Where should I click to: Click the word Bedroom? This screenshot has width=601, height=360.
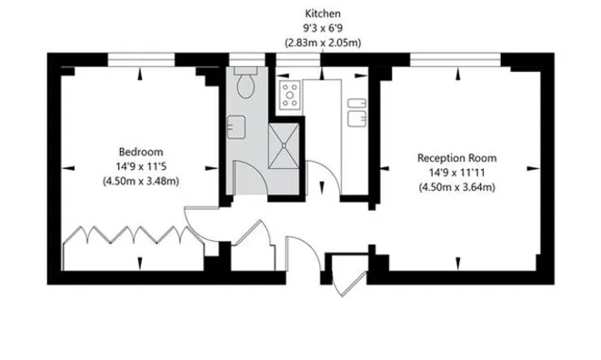(140, 151)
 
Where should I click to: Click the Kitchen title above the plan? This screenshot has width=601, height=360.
(322, 14)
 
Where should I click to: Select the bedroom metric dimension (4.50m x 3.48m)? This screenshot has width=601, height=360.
(140, 181)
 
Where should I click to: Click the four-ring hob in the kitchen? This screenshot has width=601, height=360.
(290, 94)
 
